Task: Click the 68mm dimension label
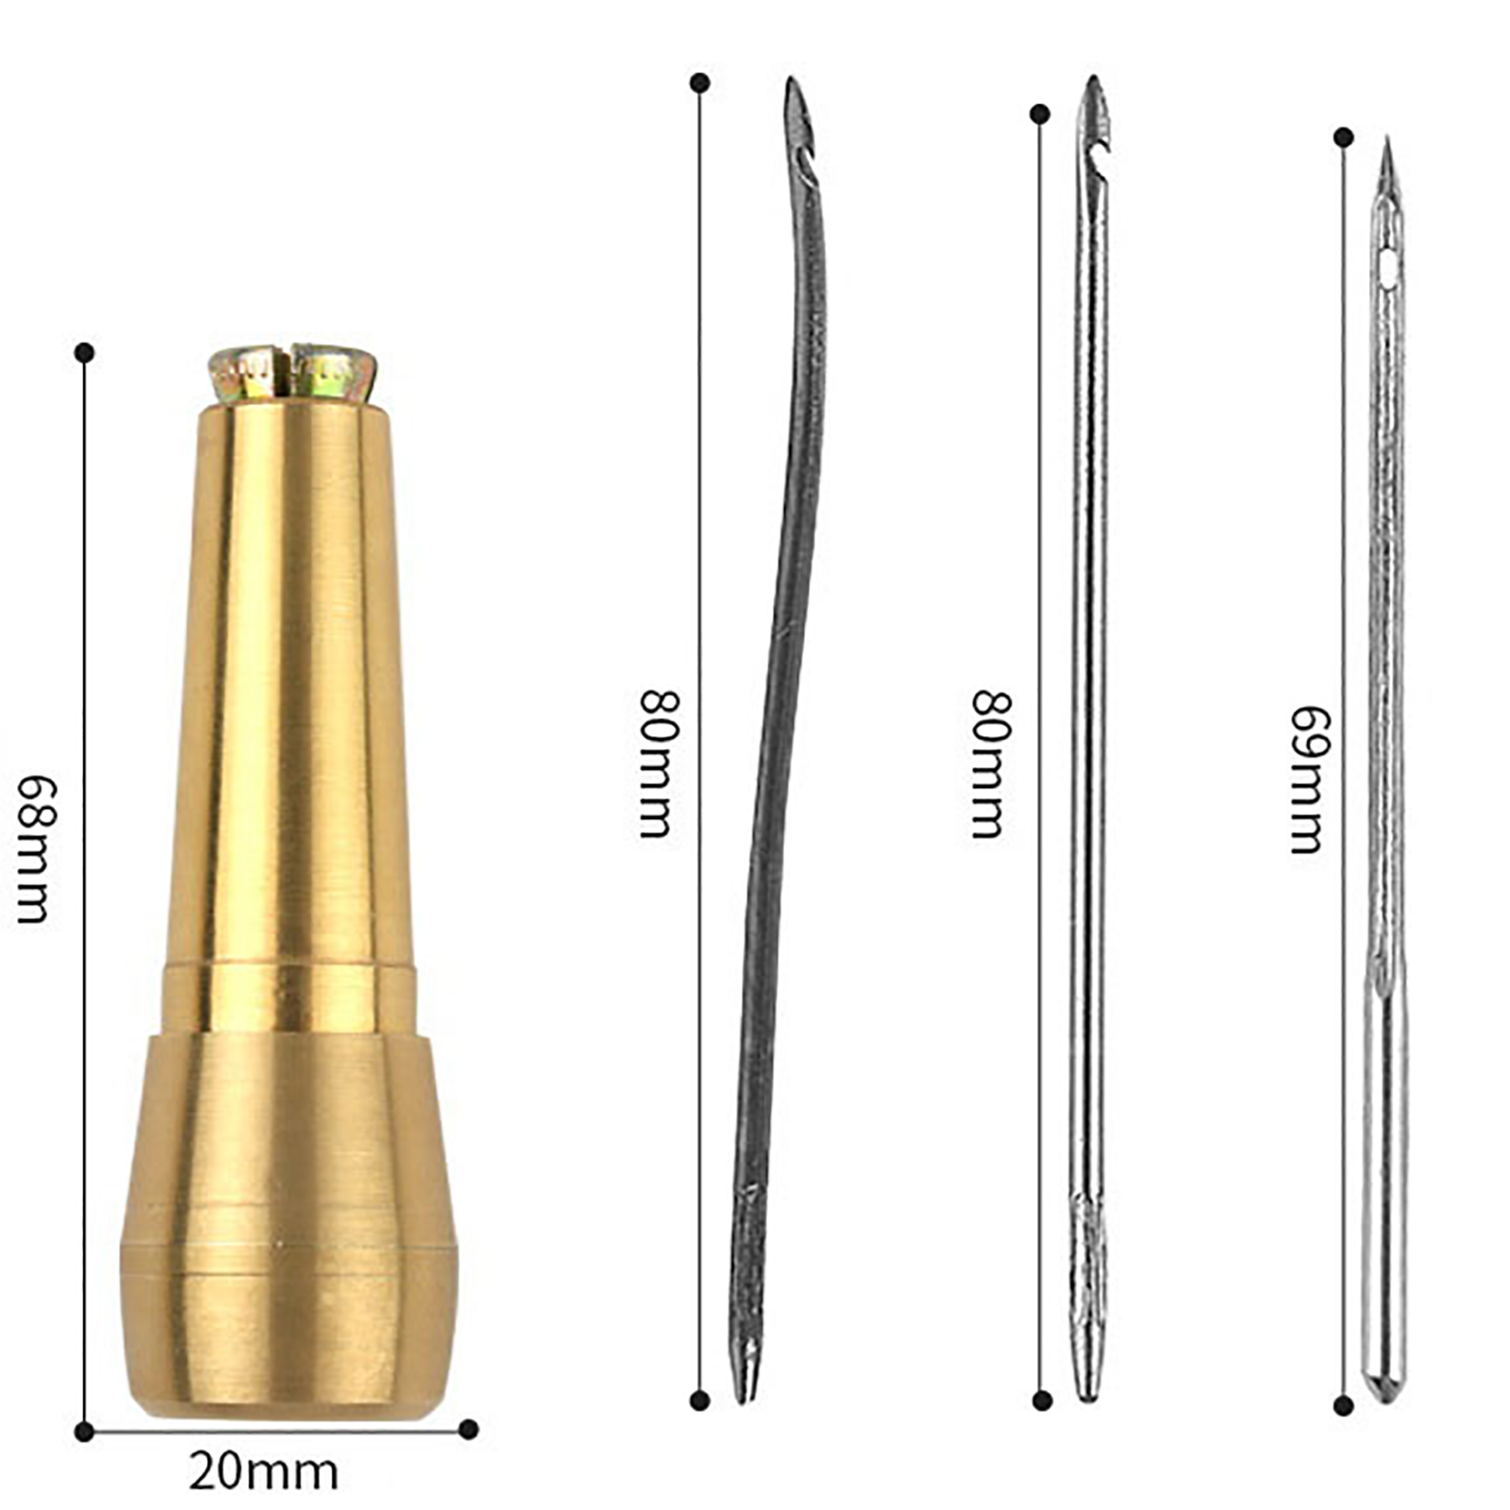[33, 849]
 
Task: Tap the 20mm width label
[263, 1471]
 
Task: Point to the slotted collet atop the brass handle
[293, 373]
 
